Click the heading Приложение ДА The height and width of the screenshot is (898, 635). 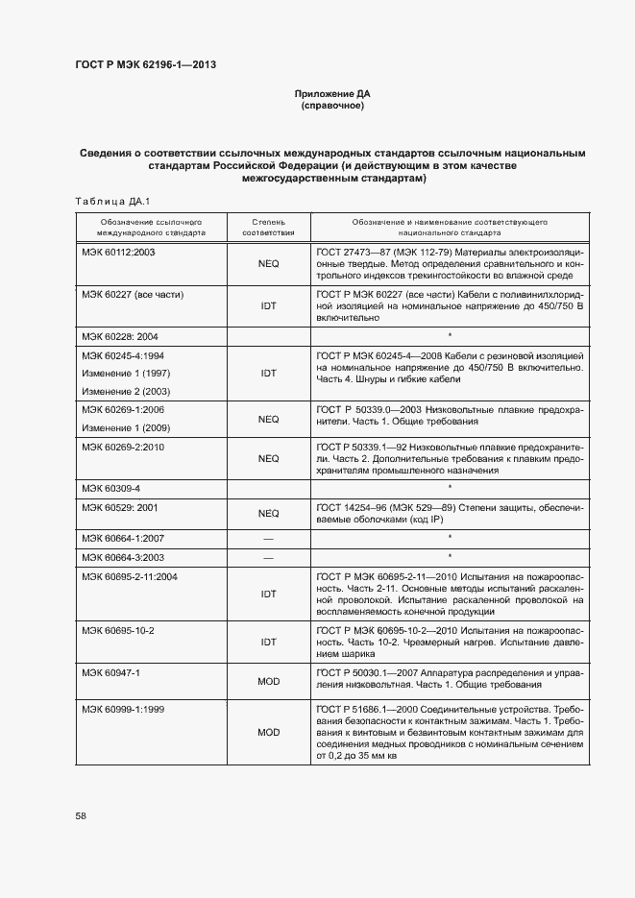[x=331, y=94]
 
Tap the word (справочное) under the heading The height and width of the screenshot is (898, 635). [x=331, y=106]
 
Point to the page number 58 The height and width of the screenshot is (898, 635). [x=81, y=815]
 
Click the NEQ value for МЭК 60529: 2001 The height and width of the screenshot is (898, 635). [x=268, y=514]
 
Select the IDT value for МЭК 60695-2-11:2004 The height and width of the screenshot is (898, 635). [x=268, y=595]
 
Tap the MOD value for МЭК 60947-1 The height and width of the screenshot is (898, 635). [x=268, y=681]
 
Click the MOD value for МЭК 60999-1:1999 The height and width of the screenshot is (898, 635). [x=268, y=732]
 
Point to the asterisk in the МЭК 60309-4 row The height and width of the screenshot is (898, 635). [x=450, y=489]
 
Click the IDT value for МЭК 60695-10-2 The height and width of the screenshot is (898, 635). [x=268, y=642]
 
